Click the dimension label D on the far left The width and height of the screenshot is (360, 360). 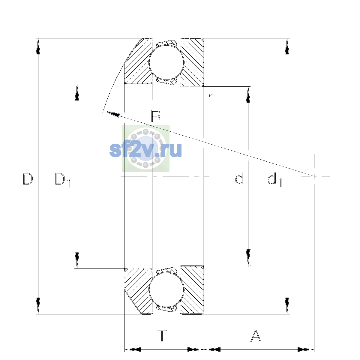(28, 179)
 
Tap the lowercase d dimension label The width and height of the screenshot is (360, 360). (239, 178)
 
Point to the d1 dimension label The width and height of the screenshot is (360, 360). (274, 179)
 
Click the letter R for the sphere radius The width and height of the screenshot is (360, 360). (156, 116)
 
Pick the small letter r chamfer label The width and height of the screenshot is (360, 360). (211, 97)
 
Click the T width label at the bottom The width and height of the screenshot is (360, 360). (162, 336)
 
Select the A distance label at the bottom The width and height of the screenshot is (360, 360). (256, 336)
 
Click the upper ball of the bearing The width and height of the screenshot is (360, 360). (166, 62)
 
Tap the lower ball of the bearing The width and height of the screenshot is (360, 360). (166, 290)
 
